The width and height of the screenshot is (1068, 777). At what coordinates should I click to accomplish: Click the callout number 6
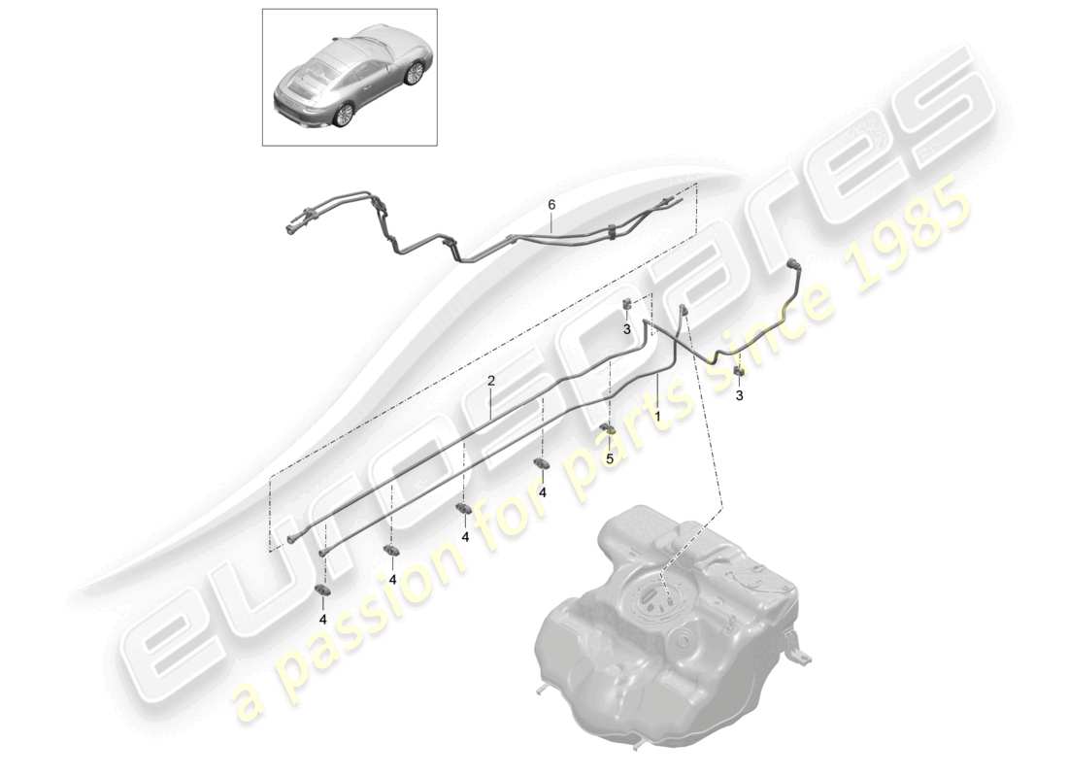pyautogui.click(x=551, y=205)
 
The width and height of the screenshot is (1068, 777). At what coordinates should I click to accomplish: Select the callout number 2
pyautogui.click(x=492, y=382)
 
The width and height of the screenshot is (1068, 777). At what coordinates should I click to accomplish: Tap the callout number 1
pyautogui.click(x=657, y=415)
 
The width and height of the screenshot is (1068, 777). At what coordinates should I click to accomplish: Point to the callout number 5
pyautogui.click(x=610, y=458)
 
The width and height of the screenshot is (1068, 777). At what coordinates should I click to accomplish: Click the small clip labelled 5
pyautogui.click(x=606, y=429)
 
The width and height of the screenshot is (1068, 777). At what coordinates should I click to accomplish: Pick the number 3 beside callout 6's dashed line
pyautogui.click(x=627, y=329)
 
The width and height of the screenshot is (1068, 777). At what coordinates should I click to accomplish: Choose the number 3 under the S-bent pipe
pyautogui.click(x=740, y=395)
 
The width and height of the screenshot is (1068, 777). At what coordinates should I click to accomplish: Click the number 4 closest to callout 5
pyautogui.click(x=543, y=492)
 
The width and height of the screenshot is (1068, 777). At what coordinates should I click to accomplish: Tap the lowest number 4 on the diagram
pyautogui.click(x=323, y=618)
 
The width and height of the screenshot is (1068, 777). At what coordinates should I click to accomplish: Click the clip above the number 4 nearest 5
pyautogui.click(x=541, y=463)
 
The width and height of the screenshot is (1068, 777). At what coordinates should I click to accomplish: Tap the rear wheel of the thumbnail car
pyautogui.click(x=343, y=115)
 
